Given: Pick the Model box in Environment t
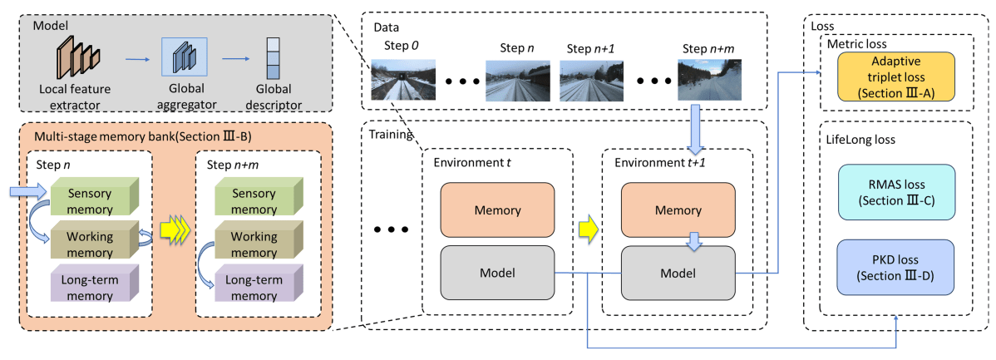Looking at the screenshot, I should point(496,272).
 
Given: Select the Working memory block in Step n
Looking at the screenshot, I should point(91,242).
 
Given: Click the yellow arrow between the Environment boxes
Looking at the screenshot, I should point(587,226).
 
